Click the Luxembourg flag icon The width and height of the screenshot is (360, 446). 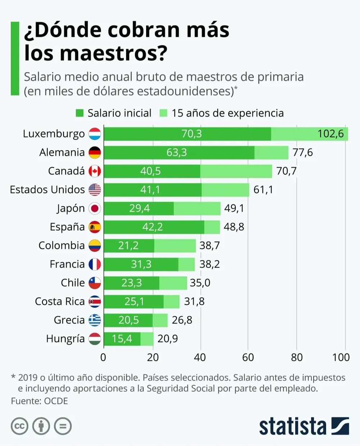(x=95, y=134)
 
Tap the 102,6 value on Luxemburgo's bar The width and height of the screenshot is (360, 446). (x=330, y=134)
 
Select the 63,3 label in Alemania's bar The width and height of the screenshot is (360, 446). (x=176, y=152)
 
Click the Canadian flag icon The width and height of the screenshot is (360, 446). (x=95, y=171)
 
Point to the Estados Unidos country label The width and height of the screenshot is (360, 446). (x=47, y=189)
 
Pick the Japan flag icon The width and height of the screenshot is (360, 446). (x=95, y=208)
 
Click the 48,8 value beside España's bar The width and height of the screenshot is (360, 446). (x=234, y=227)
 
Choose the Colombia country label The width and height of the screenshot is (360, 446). (x=62, y=246)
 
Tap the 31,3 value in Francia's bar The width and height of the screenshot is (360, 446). (x=141, y=264)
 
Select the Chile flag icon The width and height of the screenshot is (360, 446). (x=95, y=283)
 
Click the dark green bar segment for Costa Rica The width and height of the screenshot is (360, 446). (x=134, y=302)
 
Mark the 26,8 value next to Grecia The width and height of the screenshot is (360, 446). (x=182, y=320)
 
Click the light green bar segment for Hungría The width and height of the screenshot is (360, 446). (x=147, y=339)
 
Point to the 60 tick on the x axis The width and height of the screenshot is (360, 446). (x=248, y=357)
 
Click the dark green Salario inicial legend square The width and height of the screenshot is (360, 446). (x=80, y=113)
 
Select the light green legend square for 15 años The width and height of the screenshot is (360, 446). (x=163, y=113)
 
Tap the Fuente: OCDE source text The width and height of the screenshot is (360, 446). (x=39, y=401)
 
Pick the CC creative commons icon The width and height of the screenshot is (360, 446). (x=19, y=427)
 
